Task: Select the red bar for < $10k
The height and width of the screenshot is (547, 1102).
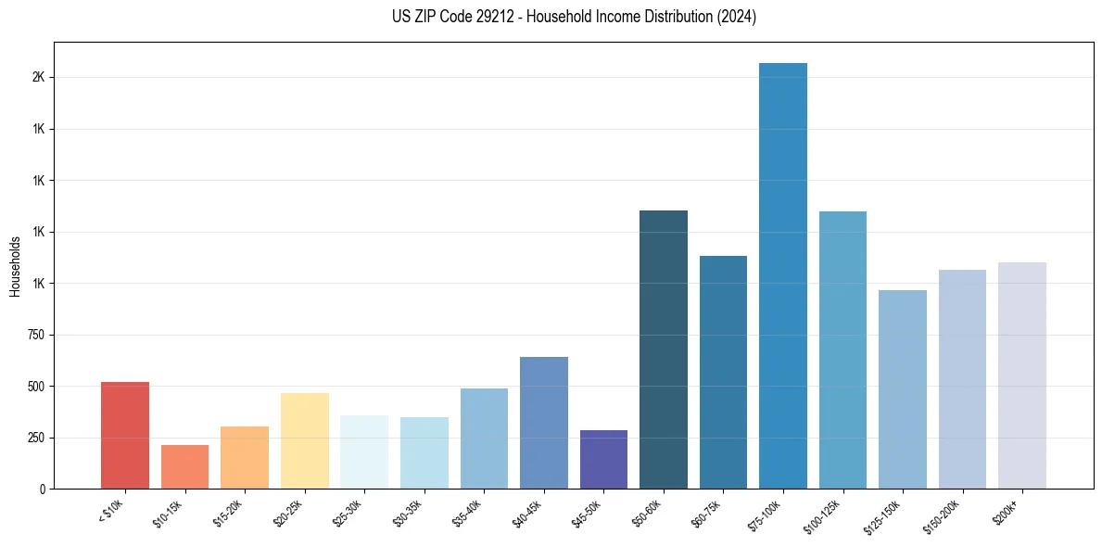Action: tap(125, 435)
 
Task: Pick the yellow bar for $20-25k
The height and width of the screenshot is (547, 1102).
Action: tap(304, 440)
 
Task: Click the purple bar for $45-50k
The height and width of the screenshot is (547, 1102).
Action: tap(603, 459)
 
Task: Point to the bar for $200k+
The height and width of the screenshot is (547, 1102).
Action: tap(1022, 375)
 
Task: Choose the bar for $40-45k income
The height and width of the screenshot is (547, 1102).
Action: tap(544, 423)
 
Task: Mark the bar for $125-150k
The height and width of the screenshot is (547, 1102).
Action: tap(903, 389)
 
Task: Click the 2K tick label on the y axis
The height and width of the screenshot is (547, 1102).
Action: tap(38, 78)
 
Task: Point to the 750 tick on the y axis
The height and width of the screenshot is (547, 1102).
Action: tap(36, 335)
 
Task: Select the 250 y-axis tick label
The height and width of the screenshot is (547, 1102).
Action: tap(36, 438)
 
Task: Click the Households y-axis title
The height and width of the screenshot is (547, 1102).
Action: tap(15, 266)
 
